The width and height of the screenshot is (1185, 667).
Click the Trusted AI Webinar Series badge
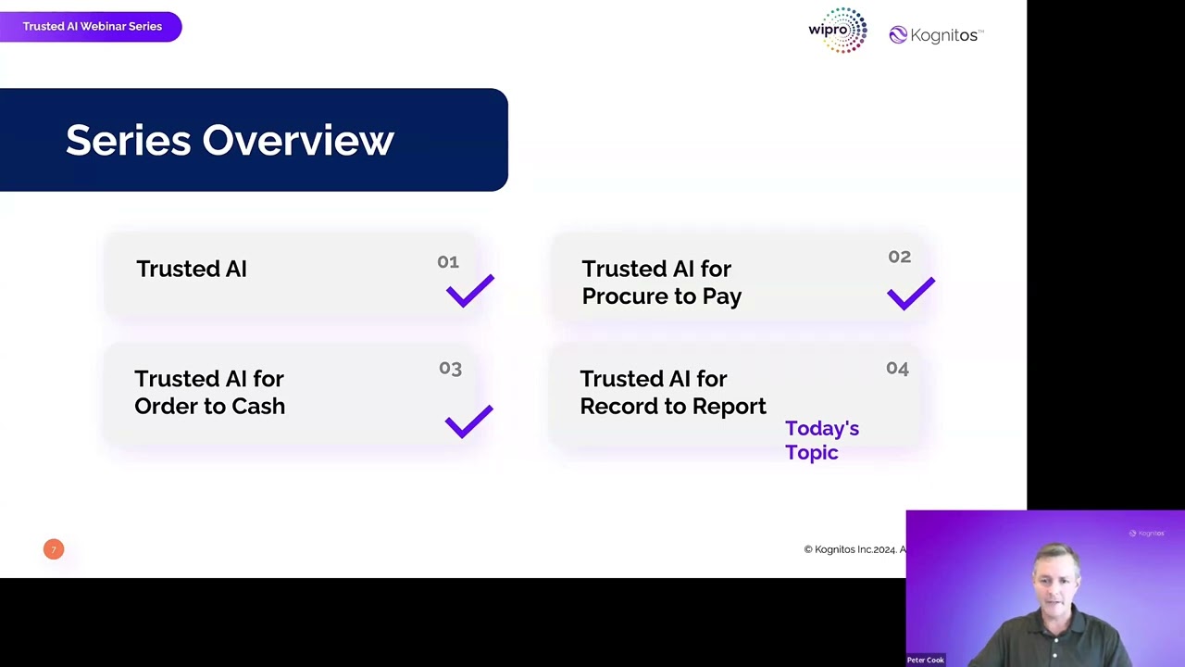click(92, 26)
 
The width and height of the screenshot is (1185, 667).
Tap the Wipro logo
click(838, 31)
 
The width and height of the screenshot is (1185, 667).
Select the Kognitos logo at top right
click(935, 35)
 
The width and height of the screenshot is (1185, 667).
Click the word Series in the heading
click(129, 141)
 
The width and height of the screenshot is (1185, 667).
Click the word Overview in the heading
click(298, 141)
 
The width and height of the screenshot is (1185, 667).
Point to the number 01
click(448, 262)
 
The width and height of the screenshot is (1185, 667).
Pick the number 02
click(899, 257)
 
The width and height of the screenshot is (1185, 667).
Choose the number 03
click(450, 369)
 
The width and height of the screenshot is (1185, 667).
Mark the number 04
click(897, 369)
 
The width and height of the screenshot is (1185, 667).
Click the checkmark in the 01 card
click(470, 291)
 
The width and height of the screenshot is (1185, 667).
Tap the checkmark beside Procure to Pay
click(911, 294)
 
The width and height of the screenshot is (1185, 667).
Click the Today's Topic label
click(821, 440)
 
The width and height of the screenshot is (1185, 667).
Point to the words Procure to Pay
click(661, 296)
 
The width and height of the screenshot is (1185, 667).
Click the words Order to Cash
click(209, 406)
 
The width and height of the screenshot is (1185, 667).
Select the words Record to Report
click(673, 406)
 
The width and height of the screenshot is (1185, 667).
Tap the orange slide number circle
click(54, 549)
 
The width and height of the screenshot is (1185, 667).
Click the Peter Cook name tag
click(925, 660)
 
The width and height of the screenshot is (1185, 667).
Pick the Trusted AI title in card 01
click(192, 269)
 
